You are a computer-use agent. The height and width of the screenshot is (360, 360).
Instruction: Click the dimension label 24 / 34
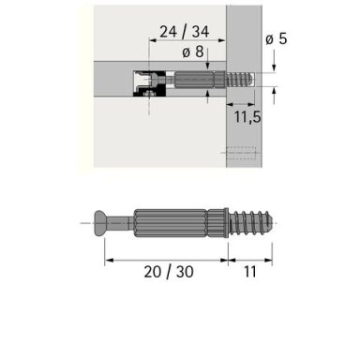tap(185, 32)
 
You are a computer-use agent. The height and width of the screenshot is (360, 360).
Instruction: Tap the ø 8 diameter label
tap(193, 52)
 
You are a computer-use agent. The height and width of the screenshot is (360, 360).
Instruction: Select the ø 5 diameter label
tap(277, 38)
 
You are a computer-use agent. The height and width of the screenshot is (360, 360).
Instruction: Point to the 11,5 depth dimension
tap(247, 117)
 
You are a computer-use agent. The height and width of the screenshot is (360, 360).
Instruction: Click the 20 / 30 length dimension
tap(169, 272)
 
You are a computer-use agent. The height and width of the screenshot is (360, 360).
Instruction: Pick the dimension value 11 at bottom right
tap(250, 272)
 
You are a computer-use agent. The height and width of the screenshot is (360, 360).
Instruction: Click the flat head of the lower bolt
tap(99, 223)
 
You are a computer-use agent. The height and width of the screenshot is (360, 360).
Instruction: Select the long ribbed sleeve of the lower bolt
tap(171, 223)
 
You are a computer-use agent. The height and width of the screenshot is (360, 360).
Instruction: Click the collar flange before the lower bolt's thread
tap(227, 223)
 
